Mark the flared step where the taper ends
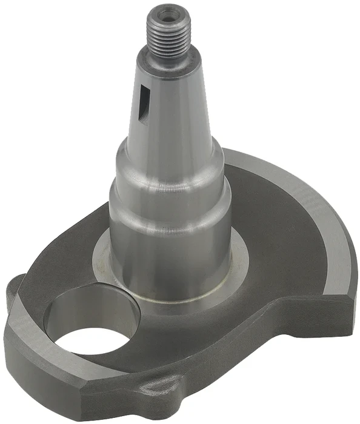click(170, 151)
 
